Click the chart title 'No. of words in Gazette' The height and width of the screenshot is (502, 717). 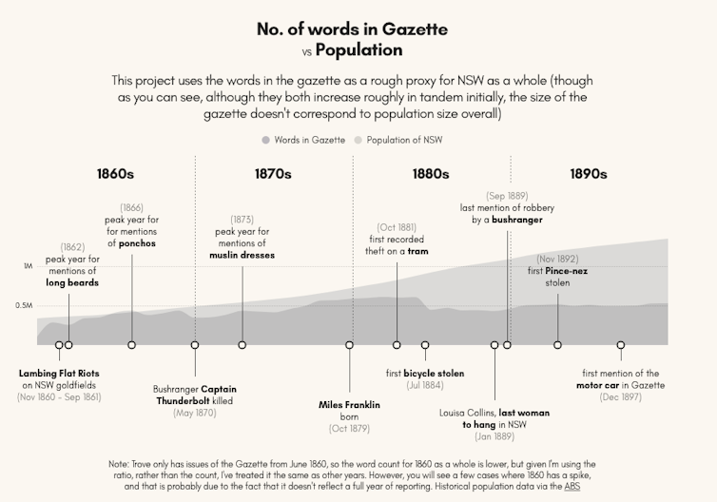click(352, 29)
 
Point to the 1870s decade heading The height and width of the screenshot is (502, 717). click(273, 174)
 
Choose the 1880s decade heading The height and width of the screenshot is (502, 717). click(431, 174)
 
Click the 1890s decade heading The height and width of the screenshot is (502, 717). click(589, 174)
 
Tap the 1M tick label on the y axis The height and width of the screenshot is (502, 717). click(28, 267)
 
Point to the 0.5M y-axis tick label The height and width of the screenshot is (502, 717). click(25, 305)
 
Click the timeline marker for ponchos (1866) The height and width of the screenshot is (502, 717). click(132, 344)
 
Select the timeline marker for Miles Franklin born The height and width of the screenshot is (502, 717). click(349, 344)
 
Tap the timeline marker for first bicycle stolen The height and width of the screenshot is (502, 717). click(425, 344)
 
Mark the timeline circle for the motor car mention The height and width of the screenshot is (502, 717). click(621, 344)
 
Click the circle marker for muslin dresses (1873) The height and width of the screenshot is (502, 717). click(242, 344)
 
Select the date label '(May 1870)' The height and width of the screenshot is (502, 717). click(195, 412)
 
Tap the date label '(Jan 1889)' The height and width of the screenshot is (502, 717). click(494, 436)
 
